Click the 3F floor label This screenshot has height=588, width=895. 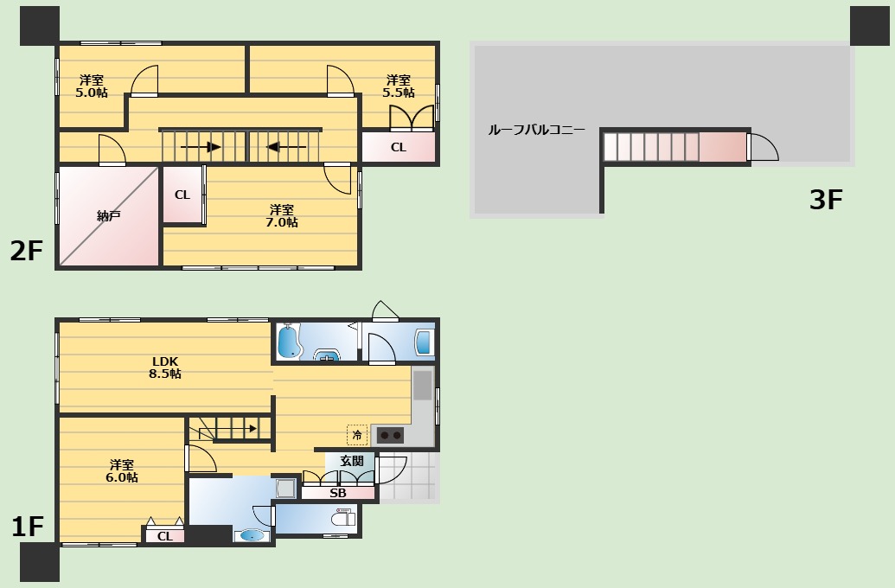pyautogui.click(x=826, y=200)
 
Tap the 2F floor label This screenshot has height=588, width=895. pyautogui.click(x=26, y=251)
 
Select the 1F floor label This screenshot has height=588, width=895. pyautogui.click(x=28, y=527)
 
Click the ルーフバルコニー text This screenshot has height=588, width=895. pyautogui.click(x=536, y=131)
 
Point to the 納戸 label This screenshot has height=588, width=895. pyautogui.click(x=108, y=216)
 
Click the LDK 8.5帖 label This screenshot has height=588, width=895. pyautogui.click(x=165, y=367)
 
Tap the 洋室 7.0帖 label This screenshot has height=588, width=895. pyautogui.click(x=282, y=216)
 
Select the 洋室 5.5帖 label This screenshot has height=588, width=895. pyautogui.click(x=399, y=86)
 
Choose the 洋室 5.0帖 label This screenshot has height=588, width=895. pyautogui.click(x=92, y=86)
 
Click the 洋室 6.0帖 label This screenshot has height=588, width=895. pyautogui.click(x=122, y=471)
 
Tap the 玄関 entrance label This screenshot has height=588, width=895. pyautogui.click(x=352, y=461)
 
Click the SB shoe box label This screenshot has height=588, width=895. pyautogui.click(x=338, y=493)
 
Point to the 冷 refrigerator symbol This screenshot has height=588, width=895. pyautogui.click(x=357, y=435)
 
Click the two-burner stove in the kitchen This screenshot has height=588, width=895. pyautogui.click(x=390, y=436)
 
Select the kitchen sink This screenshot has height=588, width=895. pyautogui.click(x=423, y=386)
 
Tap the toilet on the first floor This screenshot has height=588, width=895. pyautogui.click(x=343, y=519)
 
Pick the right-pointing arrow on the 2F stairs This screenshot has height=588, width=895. pyautogui.click(x=201, y=147)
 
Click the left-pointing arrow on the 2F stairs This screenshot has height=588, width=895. pyautogui.click(x=286, y=147)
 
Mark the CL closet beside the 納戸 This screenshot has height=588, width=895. pyautogui.click(x=182, y=195)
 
